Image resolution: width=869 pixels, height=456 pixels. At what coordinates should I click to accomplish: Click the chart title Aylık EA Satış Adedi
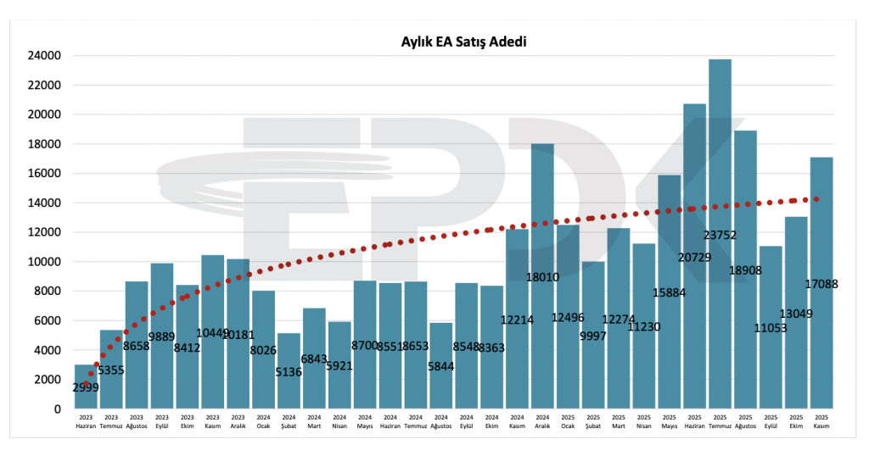point(464,42)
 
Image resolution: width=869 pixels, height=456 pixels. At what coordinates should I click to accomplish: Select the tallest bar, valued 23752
point(720,170)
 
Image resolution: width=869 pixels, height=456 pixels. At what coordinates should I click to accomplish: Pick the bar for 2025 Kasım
point(821,220)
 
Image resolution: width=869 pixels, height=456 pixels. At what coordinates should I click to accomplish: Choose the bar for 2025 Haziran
point(694,186)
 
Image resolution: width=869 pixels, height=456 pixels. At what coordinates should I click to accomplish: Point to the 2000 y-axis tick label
point(48,380)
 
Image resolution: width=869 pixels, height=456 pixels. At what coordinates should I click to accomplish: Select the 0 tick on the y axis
point(57,409)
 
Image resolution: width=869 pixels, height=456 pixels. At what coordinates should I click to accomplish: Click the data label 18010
point(542,276)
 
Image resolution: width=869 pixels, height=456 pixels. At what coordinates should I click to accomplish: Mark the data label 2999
point(86,387)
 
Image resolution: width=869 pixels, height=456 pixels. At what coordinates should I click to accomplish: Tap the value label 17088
point(821,284)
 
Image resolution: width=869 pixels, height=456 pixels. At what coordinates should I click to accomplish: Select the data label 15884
point(669,292)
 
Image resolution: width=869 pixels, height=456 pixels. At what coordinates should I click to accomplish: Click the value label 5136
point(289,371)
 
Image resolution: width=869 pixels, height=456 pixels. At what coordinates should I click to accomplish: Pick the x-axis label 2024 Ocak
point(263,421)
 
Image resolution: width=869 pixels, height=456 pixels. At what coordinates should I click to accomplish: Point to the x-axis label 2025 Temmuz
point(720,421)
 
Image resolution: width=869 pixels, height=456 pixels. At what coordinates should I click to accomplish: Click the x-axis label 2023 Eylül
point(162,421)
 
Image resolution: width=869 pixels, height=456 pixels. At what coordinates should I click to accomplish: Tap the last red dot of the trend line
point(816,199)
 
